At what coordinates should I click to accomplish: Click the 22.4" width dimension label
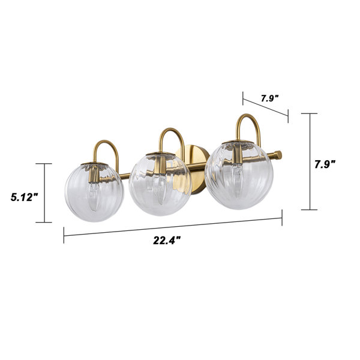pos(167,241)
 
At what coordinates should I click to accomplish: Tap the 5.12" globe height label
pos(24,197)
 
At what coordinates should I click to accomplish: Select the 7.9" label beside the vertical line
pos(325,164)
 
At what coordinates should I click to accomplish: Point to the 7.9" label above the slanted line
pos(270,98)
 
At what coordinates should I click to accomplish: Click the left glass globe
pos(94,192)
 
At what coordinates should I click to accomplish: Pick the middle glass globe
pos(160,184)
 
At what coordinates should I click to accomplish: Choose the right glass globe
pos(239,175)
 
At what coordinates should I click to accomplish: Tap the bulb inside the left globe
pos(94,197)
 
